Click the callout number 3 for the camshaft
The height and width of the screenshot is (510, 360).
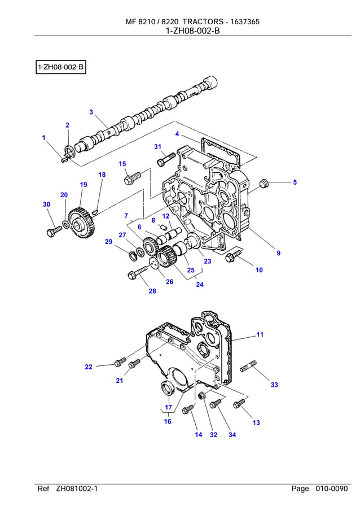coord(91,112)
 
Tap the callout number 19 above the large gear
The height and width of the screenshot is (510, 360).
coord(83,185)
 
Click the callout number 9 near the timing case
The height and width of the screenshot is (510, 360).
coord(278,253)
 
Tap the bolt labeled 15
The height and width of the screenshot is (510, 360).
coord(131,179)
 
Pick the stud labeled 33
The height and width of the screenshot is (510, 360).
coord(249,369)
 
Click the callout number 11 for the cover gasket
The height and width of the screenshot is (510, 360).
coord(260,334)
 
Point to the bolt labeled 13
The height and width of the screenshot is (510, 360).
coord(239,404)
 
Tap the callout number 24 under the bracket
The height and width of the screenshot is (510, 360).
coord(199,285)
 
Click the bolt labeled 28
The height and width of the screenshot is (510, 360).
coord(134,276)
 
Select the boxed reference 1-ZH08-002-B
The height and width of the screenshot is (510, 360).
coord(60,68)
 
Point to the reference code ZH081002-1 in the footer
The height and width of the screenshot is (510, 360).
coord(77,489)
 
